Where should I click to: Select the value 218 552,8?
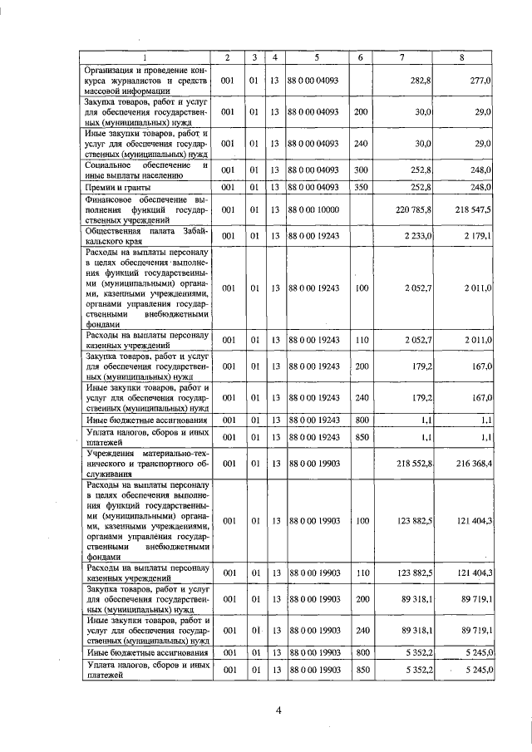(411, 463)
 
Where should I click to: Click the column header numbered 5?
(316, 57)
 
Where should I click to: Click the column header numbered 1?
(146, 57)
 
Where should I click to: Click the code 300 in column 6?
(360, 171)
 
